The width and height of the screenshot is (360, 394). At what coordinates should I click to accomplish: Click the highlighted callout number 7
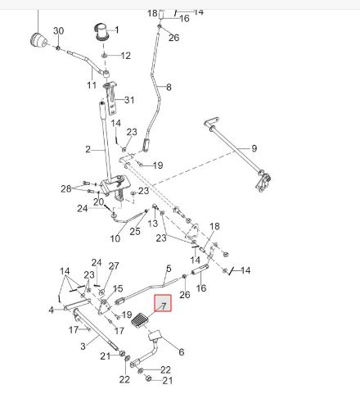(164, 306)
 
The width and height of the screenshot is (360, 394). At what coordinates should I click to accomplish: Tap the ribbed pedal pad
(139, 320)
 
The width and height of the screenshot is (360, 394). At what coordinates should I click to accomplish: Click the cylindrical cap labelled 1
(101, 33)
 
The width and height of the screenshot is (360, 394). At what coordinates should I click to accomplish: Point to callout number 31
(129, 100)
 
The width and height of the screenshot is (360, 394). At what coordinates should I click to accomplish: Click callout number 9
(254, 148)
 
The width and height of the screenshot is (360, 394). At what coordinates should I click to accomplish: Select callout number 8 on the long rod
(169, 87)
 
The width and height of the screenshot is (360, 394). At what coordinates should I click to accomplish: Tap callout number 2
(88, 149)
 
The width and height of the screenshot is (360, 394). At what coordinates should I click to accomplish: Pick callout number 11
(92, 84)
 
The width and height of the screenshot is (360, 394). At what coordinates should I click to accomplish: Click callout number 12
(126, 56)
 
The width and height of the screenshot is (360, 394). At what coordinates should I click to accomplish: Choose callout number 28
(66, 188)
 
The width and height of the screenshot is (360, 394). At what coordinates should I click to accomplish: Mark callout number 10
(115, 238)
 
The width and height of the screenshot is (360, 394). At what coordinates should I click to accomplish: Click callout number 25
(135, 231)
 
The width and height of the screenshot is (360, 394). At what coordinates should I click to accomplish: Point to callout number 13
(153, 224)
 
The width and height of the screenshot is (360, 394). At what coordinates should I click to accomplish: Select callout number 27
(114, 265)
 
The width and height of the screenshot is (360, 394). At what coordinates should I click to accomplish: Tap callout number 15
(118, 288)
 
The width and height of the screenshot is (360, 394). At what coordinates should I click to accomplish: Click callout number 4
(52, 310)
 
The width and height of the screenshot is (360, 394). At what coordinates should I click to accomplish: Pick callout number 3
(83, 346)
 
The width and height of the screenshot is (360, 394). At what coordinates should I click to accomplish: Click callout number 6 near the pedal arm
(182, 351)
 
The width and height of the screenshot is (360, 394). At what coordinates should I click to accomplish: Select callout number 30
(59, 30)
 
